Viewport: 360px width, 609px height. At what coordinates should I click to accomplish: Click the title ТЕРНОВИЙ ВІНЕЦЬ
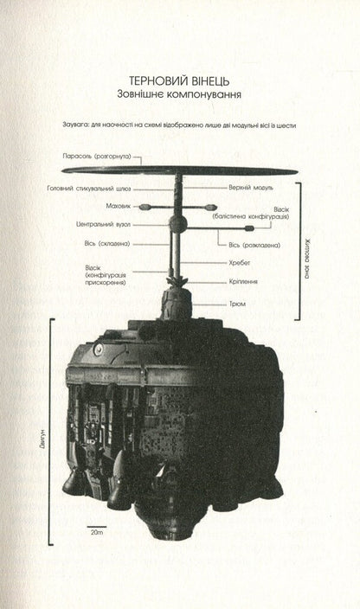179,80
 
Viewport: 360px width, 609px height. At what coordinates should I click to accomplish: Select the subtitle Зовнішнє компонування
179,94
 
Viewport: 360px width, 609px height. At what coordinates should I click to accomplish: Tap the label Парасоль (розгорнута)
97,157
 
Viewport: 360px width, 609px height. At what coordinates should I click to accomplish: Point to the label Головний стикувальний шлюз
89,189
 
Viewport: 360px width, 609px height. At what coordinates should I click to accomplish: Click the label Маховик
119,206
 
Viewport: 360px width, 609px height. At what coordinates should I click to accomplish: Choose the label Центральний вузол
103,225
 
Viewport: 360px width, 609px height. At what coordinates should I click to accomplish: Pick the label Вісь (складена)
107,244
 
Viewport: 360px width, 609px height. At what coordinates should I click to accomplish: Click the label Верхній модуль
251,188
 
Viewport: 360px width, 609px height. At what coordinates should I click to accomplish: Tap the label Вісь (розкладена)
254,246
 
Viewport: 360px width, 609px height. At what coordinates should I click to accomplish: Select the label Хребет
240,263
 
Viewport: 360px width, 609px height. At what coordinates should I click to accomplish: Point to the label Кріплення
243,282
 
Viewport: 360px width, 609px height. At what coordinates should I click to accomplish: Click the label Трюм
237,304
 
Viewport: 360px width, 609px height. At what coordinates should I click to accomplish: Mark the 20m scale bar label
97,532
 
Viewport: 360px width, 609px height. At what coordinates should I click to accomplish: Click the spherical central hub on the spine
178,223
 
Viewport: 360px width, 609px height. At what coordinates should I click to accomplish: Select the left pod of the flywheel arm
145,207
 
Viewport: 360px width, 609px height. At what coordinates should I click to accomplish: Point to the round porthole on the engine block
98,349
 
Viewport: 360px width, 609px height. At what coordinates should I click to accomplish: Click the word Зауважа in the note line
74,125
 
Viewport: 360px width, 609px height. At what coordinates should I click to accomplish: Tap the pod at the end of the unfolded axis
249,228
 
